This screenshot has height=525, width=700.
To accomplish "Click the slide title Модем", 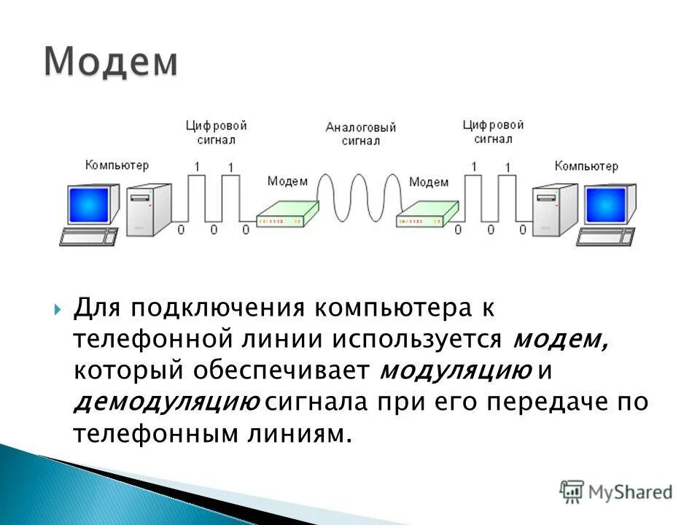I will coord(110,63).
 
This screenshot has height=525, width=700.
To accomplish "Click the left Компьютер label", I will coord(117,166).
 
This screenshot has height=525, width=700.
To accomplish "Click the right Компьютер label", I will coord(586,166).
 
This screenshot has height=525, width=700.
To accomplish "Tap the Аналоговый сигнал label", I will coord(361,134).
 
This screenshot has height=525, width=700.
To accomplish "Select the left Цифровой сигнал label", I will coord(215,132).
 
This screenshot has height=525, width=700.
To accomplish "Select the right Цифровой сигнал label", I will coord(493,132).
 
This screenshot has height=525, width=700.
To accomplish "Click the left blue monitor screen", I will coord(93,204).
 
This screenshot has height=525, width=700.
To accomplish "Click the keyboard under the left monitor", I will coord(88,237).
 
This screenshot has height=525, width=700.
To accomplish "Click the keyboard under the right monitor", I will coord(606,236).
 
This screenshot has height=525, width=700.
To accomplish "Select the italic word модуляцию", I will coord(456,370).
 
